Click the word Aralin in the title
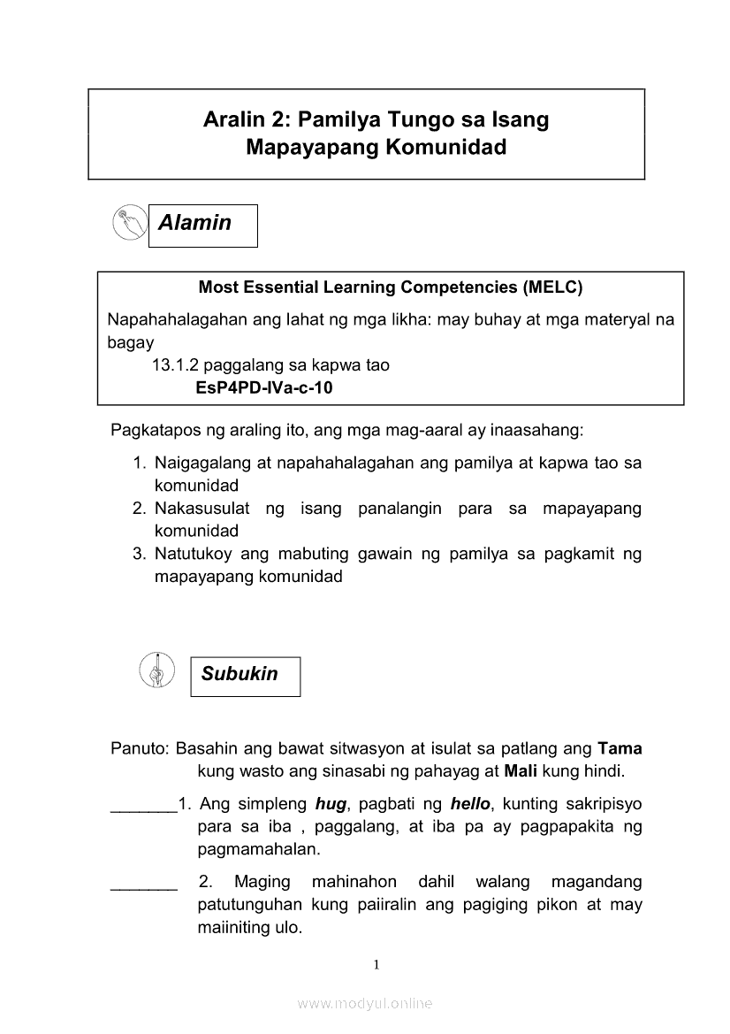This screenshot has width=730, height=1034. pyautogui.click(x=232, y=119)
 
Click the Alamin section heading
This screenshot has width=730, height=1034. pyautogui.click(x=195, y=223)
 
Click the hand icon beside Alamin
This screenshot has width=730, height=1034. pyautogui.click(x=130, y=223)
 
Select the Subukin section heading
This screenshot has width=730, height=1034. pyautogui.click(x=240, y=674)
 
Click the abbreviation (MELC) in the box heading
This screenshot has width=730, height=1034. pyautogui.click(x=552, y=287)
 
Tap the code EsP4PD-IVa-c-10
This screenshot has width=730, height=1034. pyautogui.click(x=264, y=387)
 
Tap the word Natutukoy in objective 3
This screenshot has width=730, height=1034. pyautogui.click(x=194, y=555)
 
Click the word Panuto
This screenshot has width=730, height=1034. pyautogui.click(x=139, y=747)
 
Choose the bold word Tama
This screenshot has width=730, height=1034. pyautogui.click(x=620, y=747)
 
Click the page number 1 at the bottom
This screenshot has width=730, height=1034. pyautogui.click(x=376, y=964)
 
